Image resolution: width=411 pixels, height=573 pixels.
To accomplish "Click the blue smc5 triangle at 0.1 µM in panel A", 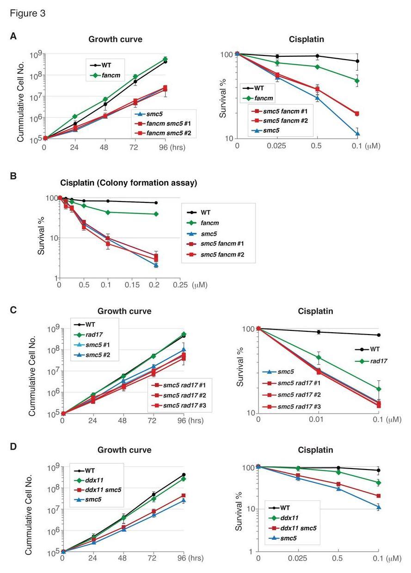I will tap(357, 134).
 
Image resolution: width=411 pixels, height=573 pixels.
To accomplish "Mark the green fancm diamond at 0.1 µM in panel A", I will tap(357, 81).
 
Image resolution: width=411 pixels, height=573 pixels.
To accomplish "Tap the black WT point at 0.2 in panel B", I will tap(156, 202).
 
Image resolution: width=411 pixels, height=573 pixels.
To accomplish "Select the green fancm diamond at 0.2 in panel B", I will tap(156, 214).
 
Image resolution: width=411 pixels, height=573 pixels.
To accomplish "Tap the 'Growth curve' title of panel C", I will tap(124, 311).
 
